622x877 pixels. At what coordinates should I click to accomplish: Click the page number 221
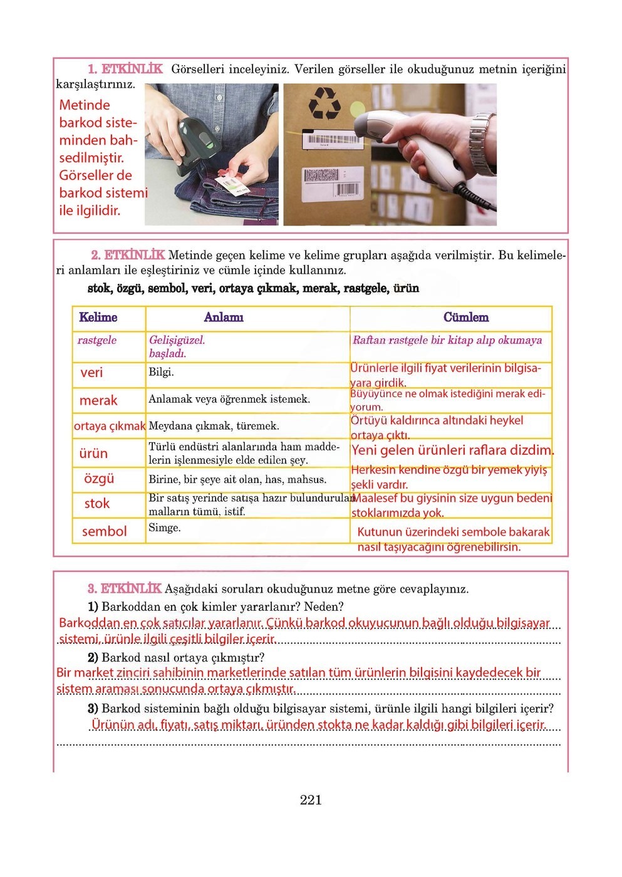(311, 800)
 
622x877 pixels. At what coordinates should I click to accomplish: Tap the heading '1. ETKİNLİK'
(125, 69)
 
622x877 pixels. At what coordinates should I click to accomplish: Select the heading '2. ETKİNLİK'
(128, 255)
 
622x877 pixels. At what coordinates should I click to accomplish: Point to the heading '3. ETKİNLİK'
(124, 589)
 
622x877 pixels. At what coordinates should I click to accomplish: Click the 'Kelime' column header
(98, 318)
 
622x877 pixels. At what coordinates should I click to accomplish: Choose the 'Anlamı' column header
(224, 318)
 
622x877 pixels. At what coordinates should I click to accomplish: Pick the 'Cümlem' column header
(465, 318)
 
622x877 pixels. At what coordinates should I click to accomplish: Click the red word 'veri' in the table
(91, 373)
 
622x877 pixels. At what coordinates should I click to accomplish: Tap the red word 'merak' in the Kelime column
(98, 400)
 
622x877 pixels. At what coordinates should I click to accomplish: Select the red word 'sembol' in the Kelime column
(104, 531)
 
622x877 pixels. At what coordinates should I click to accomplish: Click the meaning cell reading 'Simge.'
(165, 528)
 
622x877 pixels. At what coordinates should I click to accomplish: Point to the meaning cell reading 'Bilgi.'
(161, 372)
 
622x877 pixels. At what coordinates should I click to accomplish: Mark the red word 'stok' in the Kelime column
(97, 504)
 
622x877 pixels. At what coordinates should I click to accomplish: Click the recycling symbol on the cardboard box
(324, 104)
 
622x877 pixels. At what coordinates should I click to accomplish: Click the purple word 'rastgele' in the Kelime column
(97, 340)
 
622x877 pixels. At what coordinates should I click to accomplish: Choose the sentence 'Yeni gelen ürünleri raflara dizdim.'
(452, 450)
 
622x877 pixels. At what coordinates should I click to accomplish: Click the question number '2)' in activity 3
(93, 658)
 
